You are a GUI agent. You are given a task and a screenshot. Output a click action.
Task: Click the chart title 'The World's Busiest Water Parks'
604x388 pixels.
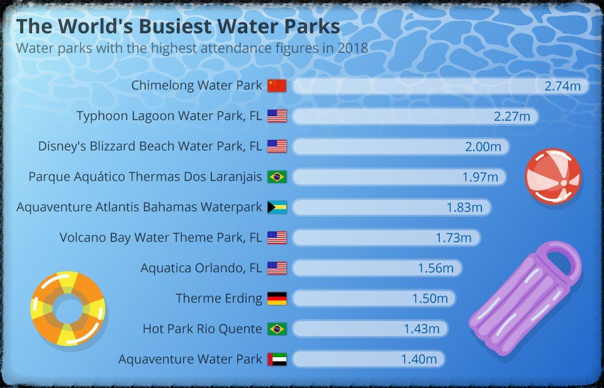[178, 26]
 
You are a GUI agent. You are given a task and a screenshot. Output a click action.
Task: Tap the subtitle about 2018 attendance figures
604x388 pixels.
[193, 48]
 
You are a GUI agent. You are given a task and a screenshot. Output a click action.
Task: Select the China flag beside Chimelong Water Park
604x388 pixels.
[277, 86]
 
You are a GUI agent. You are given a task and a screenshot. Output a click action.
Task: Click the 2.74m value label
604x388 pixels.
[562, 86]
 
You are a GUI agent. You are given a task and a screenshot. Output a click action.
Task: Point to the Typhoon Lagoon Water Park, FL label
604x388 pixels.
[169, 116]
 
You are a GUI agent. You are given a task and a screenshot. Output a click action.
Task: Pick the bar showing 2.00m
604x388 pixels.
[401, 147]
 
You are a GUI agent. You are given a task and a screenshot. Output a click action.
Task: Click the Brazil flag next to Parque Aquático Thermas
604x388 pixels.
[277, 177]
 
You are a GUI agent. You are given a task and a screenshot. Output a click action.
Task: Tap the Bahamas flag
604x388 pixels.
[277, 207]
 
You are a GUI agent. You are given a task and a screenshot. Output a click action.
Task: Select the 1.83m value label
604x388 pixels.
[464, 208]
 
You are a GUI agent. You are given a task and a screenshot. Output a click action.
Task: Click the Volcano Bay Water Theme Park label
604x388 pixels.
[160, 238]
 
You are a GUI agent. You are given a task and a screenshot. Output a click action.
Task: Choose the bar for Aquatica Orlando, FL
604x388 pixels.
[377, 268]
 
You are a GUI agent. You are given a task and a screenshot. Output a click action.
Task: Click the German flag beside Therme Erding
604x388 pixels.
[277, 298]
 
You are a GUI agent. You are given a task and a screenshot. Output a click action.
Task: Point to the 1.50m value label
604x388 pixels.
[430, 299]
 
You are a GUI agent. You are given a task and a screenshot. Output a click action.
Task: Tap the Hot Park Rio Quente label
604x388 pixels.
[202, 329]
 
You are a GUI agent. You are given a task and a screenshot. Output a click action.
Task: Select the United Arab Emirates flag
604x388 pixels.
[277, 359]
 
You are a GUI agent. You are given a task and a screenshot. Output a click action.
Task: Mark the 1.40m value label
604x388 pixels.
[419, 360]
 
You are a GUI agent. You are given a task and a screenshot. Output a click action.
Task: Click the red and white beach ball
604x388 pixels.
[553, 177]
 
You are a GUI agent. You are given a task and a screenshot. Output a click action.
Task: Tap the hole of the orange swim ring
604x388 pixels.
[68, 308]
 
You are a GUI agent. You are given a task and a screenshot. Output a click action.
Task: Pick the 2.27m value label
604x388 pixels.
[512, 116]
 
